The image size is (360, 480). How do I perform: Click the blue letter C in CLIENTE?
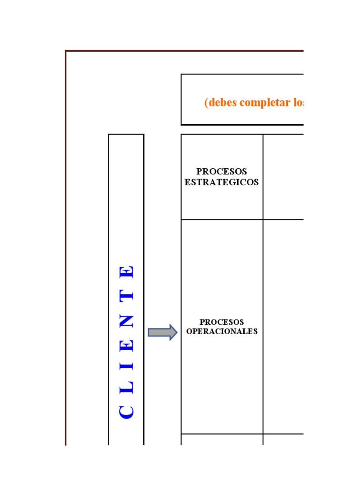pyautogui.click(x=127, y=412)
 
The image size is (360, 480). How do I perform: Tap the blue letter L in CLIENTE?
pyautogui.click(x=127, y=388)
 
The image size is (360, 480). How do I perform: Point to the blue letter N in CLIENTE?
pyautogui.click(x=127, y=322)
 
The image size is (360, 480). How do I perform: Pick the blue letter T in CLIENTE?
pyautogui.click(x=127, y=296)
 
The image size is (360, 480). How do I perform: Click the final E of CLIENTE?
pyautogui.click(x=127, y=272)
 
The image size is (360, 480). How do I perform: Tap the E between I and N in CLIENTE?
pyautogui.click(x=127, y=345)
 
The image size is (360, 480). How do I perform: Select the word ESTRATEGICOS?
pyautogui.click(x=222, y=182)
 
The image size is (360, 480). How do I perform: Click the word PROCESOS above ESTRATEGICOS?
pyautogui.click(x=222, y=172)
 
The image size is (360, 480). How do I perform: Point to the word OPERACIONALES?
pyautogui.click(x=222, y=331)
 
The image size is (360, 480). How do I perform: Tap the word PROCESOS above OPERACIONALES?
pyautogui.click(x=222, y=322)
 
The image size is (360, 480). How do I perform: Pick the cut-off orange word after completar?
pyautogui.click(x=298, y=103)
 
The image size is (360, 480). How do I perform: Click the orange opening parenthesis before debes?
pyautogui.click(x=206, y=103)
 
